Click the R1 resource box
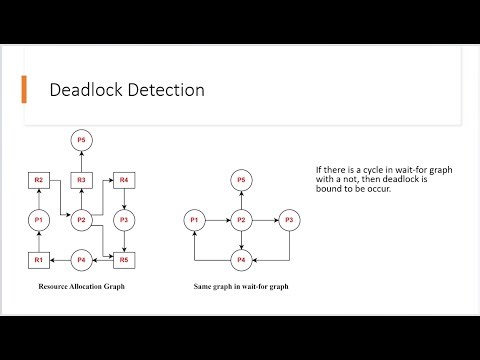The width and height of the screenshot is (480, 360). click(38, 260)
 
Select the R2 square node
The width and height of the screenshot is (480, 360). click(38, 180)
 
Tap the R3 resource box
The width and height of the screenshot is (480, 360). click(84, 180)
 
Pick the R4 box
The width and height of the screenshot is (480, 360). click(124, 180)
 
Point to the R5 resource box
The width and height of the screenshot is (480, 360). click(124, 260)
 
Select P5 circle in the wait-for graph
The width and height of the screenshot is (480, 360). click(240, 180)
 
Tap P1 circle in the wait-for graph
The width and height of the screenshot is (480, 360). click(196, 220)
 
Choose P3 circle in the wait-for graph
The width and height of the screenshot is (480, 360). click(288, 220)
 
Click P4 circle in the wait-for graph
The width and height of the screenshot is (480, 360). click(240, 260)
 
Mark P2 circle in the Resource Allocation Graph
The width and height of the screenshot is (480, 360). click(84, 220)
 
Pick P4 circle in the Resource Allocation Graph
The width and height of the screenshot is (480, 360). click(84, 260)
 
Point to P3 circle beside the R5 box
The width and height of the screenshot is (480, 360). click(124, 220)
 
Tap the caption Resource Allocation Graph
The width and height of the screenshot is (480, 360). click(80, 287)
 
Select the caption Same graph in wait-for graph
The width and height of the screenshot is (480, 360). click(240, 287)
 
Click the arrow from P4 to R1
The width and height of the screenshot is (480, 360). click(60, 260)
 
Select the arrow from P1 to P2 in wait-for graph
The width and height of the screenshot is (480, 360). click(217, 220)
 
